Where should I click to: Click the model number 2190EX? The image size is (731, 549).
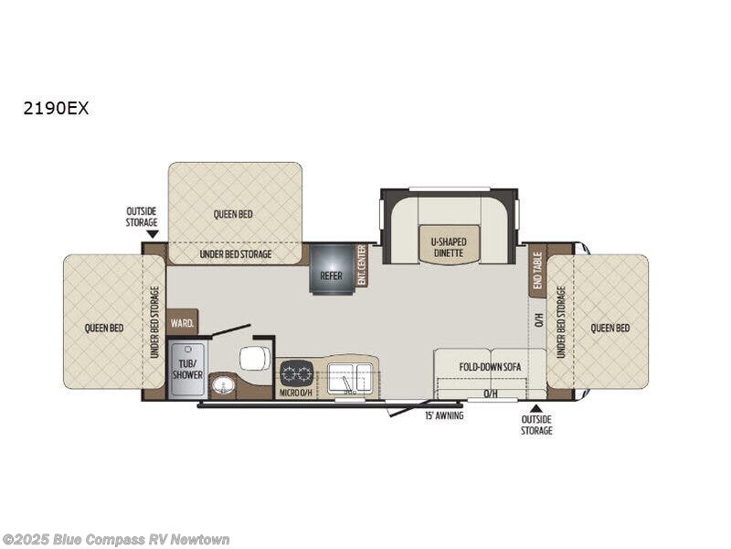[57, 108]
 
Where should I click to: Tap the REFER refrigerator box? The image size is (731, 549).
[331, 272]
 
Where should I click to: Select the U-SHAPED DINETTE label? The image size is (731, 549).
[450, 248]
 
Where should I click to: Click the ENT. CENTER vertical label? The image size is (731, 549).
[362, 266]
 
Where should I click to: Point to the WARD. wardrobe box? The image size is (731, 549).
[182, 322]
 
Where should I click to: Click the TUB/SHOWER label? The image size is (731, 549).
[187, 369]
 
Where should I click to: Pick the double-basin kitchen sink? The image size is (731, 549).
[350, 374]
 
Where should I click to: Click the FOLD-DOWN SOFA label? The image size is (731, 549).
[490, 366]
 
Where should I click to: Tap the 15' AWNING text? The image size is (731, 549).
[444, 415]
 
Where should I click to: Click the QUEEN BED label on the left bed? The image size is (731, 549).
[104, 328]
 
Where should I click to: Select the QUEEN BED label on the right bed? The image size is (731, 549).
[609, 328]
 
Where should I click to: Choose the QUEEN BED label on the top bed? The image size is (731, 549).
[234, 214]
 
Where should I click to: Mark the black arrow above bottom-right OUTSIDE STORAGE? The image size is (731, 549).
[536, 408]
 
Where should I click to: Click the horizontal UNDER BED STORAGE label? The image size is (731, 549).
[234, 253]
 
